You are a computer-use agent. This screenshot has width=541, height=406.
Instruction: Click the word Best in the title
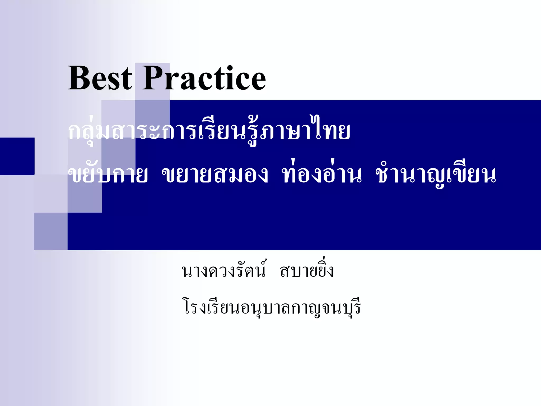click(x=100, y=79)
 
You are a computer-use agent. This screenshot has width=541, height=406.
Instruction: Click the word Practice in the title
click(x=204, y=79)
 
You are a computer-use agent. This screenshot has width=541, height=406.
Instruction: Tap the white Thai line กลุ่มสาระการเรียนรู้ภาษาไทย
click(x=209, y=131)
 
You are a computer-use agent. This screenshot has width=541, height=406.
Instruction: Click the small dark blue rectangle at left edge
click(x=17, y=156)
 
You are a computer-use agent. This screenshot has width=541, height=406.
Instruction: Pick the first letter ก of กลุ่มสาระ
click(x=75, y=132)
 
